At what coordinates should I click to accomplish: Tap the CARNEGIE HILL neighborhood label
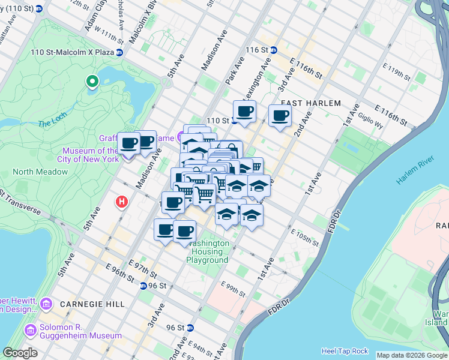point(88,304)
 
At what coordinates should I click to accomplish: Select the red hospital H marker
point(122,202)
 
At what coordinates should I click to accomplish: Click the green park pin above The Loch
point(92,80)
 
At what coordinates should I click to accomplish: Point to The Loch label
point(51,124)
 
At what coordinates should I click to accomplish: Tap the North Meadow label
point(40,172)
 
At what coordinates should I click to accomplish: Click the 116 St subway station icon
point(273,50)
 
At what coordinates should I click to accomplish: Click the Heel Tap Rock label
point(345,350)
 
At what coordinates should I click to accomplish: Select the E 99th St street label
point(233,289)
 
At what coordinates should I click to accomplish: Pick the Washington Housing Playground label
point(208,251)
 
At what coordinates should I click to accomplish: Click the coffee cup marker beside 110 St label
point(244,112)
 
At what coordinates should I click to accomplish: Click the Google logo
point(20,353)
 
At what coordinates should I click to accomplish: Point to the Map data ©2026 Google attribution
point(411,355)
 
